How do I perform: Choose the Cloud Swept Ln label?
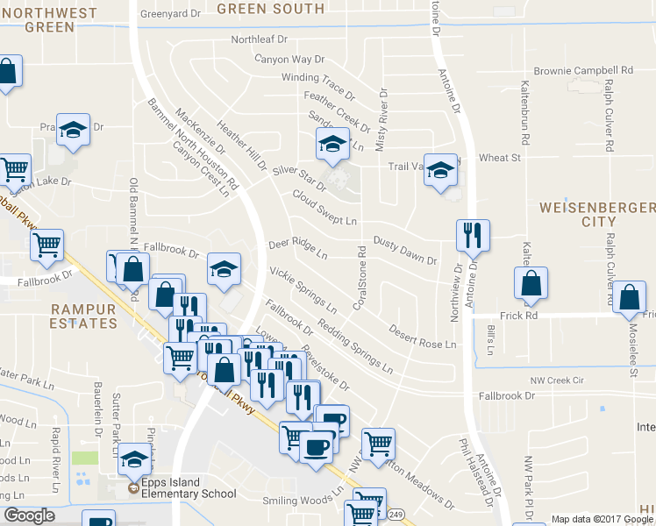(324, 208)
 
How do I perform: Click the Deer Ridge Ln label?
(297, 249)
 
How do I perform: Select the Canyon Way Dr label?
(289, 60)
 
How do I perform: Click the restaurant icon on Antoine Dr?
(472, 235)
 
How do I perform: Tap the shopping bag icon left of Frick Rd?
(531, 284)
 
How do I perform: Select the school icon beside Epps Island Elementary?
(134, 458)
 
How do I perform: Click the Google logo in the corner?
(28, 516)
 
